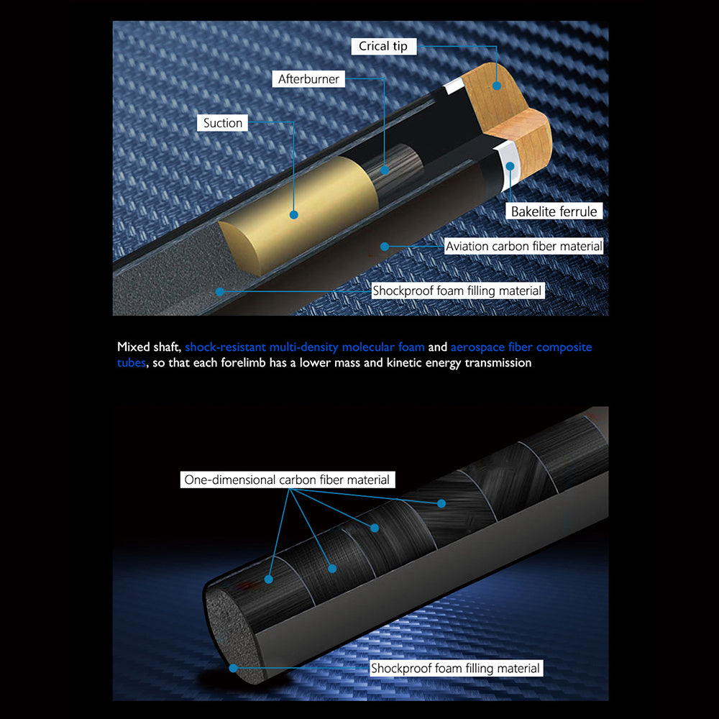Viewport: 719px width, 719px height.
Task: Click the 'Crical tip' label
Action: tap(384, 46)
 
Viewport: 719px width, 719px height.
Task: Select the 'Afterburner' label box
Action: tap(308, 79)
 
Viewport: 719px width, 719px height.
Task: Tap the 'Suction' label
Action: tap(222, 123)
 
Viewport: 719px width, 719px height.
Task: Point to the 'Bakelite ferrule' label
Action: tap(554, 211)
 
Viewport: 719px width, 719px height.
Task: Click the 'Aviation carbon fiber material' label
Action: tap(523, 246)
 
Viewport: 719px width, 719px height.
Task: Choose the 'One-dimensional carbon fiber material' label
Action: tap(287, 480)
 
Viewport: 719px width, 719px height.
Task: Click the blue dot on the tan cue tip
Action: tap(497, 86)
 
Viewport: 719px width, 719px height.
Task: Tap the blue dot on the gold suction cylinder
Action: tap(294, 214)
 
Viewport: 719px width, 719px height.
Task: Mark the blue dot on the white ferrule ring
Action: tap(510, 167)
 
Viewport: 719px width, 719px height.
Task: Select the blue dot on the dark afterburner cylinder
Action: tap(385, 170)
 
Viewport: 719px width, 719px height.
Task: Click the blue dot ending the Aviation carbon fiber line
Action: tap(385, 247)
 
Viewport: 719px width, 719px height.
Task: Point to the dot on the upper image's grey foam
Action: tap(220, 291)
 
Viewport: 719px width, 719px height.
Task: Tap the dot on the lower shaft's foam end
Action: tap(234, 668)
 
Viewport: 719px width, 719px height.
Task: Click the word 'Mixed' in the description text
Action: tap(134, 347)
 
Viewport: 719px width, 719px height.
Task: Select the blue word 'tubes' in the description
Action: tap(131, 362)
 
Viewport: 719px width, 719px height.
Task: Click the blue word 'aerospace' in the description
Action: tap(478, 347)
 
